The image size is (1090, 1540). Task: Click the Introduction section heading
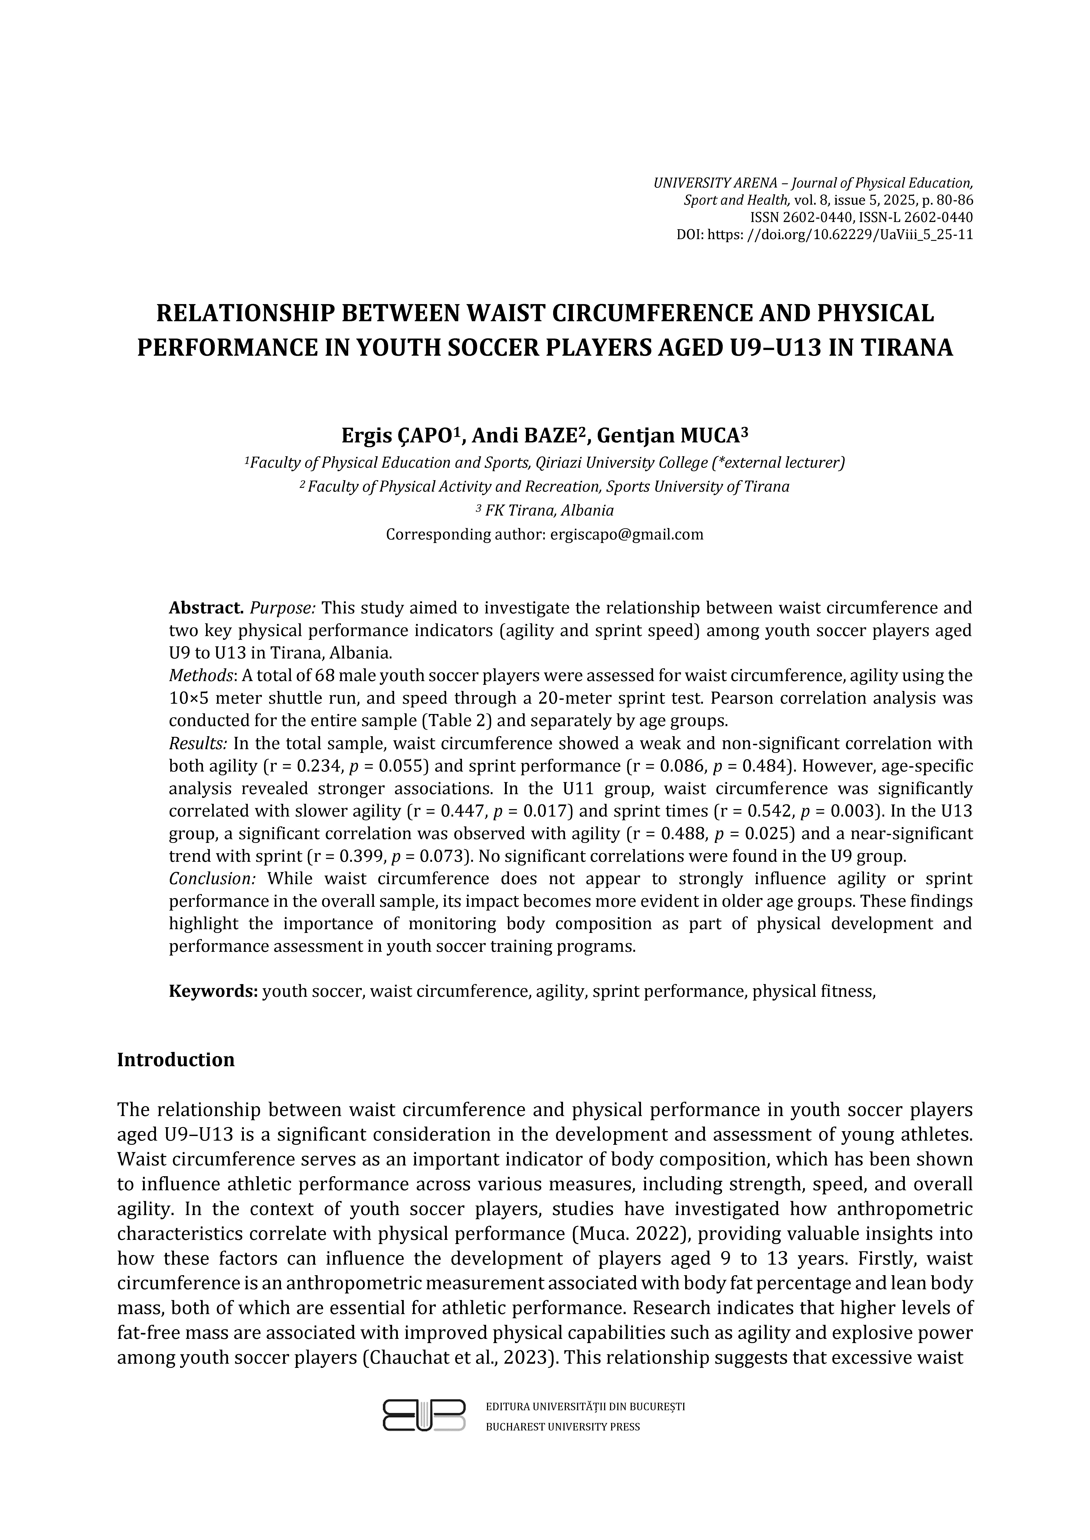(x=176, y=1060)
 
